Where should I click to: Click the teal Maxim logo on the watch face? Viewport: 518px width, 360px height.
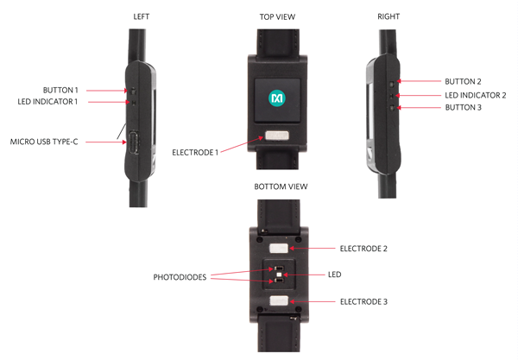click(x=277, y=98)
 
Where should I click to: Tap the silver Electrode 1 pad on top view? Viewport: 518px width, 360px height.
click(x=277, y=136)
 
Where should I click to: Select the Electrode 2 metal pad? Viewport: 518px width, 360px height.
click(x=279, y=249)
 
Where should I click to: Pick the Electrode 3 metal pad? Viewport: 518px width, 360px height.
click(x=279, y=300)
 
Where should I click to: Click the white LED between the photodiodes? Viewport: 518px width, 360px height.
click(x=280, y=275)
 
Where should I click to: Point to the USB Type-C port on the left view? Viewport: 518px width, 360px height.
click(x=134, y=142)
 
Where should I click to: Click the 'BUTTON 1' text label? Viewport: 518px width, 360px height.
click(x=60, y=90)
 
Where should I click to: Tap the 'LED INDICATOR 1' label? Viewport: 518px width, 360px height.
click(x=47, y=102)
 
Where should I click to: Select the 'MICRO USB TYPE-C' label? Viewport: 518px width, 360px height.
click(x=44, y=142)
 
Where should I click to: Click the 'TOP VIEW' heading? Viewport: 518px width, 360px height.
click(x=277, y=17)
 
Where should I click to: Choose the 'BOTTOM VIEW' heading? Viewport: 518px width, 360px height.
click(x=281, y=186)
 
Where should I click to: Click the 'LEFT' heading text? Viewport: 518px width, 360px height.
click(x=141, y=16)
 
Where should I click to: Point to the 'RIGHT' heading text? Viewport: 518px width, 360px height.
click(x=388, y=16)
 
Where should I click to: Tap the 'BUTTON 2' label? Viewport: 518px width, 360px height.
click(x=463, y=81)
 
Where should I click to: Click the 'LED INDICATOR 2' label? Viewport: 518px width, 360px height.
click(x=476, y=96)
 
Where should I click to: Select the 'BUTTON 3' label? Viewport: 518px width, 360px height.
click(x=463, y=107)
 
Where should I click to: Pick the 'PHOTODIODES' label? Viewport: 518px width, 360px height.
click(x=180, y=277)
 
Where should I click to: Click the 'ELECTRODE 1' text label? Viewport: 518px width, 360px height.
click(x=195, y=153)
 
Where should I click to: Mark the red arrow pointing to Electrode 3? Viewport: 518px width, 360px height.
click(x=312, y=301)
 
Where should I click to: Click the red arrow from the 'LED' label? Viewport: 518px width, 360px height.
click(x=304, y=275)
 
